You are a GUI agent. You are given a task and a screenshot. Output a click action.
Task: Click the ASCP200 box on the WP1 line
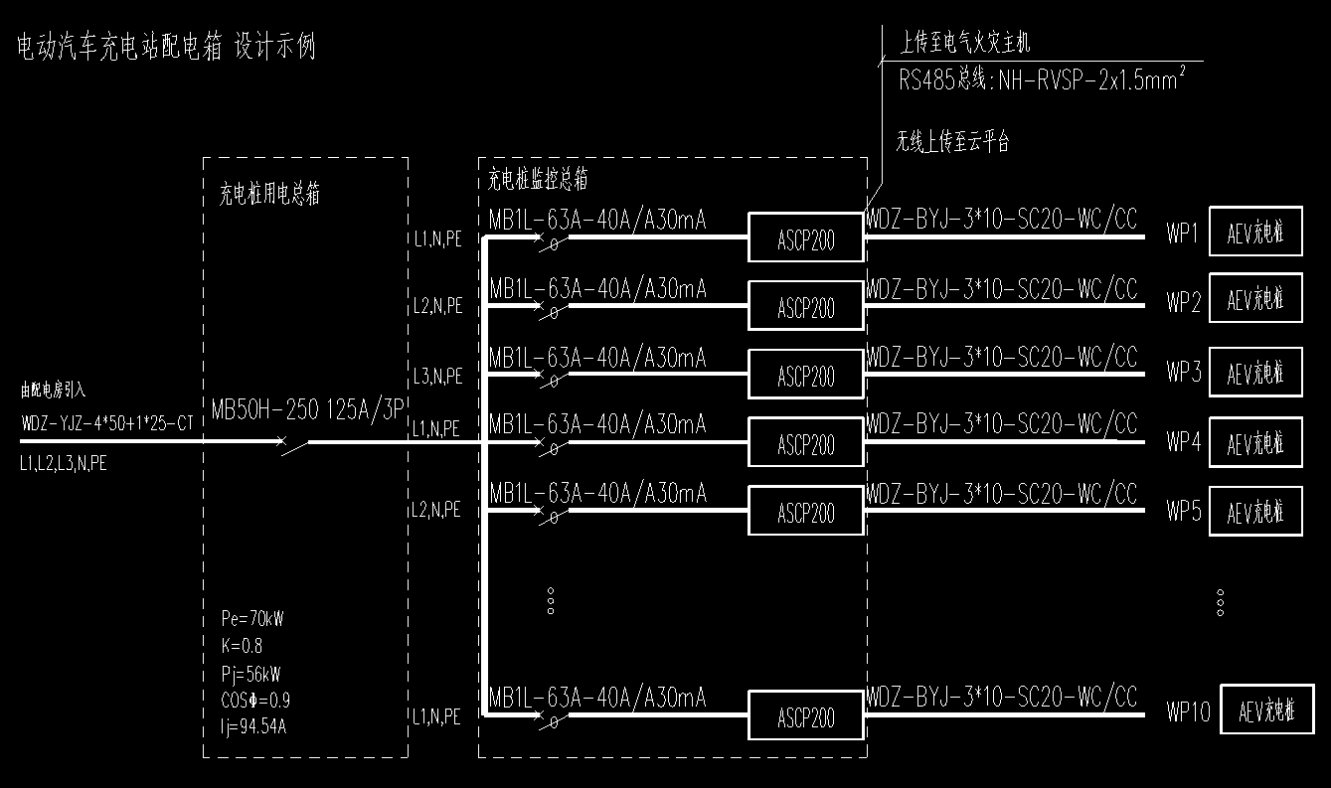805,237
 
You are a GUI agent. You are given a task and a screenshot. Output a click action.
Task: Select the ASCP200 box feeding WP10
805,716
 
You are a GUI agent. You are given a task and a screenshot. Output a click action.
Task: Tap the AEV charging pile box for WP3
1255,373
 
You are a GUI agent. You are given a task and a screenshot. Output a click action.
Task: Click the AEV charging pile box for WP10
1266,710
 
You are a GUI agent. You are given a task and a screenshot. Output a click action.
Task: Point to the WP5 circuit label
1184,512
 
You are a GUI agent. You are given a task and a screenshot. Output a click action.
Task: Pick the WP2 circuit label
1184,303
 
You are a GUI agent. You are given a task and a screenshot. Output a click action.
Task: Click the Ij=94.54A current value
254,725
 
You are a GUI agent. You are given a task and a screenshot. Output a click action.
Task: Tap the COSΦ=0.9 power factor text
255,699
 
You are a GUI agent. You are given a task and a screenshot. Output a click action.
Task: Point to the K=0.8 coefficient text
242,646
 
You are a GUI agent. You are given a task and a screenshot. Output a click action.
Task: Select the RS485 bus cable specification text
1043,79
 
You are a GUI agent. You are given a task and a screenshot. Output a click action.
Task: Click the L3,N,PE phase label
438,377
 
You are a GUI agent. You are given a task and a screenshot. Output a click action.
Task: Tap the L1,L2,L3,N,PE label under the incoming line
64,462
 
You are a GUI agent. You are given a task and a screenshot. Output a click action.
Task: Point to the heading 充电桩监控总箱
538,180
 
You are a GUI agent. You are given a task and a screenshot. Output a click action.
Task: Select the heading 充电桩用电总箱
269,194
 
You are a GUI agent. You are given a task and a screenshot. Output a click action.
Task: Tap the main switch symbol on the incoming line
294,444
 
